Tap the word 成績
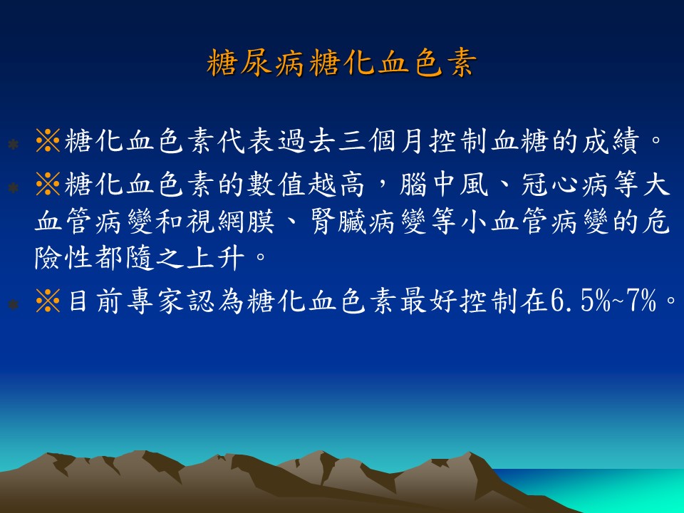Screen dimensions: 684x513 [x=611, y=141]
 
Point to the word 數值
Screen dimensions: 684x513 [x=277, y=185]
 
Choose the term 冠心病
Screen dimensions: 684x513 [x=566, y=185]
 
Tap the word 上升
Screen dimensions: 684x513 [x=215, y=258]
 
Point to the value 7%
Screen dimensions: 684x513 [x=641, y=301]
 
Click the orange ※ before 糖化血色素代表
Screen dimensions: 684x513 [x=48, y=141]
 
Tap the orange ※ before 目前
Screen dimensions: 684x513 [x=48, y=301]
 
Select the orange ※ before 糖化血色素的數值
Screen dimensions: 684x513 [x=48, y=185]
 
